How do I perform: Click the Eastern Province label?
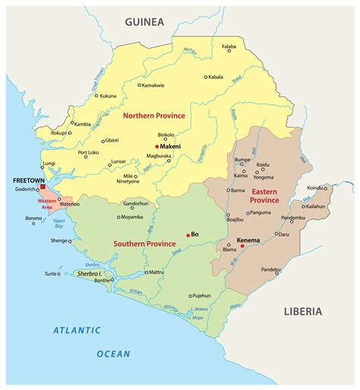[263, 194]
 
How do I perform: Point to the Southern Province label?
[145, 244]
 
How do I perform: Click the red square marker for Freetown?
[43, 186]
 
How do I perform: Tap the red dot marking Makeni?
[156, 147]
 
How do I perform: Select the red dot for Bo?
[188, 235]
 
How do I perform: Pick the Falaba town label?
[229, 47]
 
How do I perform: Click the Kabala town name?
[216, 77]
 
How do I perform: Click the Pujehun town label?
[201, 295]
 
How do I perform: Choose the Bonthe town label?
[101, 281]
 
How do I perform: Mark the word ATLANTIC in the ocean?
[77, 330]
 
